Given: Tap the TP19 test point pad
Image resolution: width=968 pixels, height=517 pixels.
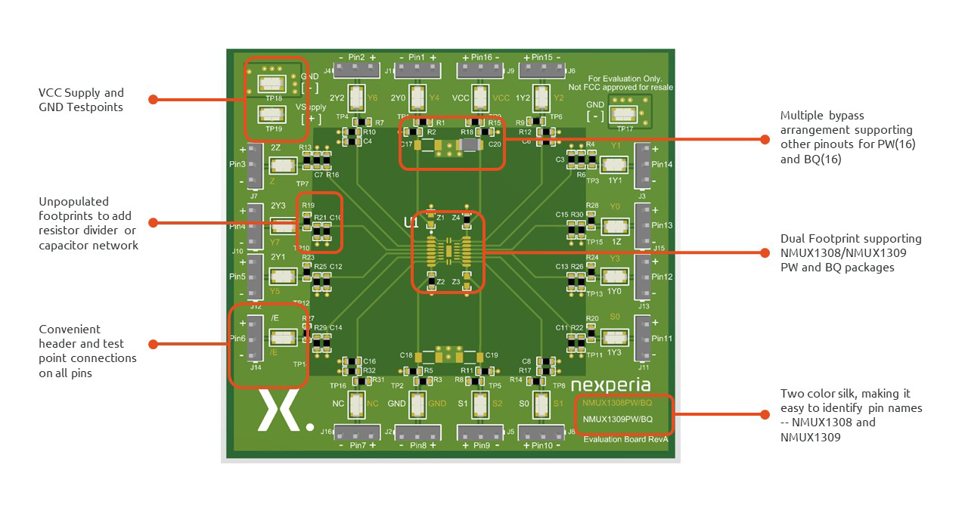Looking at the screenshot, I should [x=273, y=115].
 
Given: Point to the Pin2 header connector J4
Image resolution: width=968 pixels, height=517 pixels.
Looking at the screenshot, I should [x=355, y=70].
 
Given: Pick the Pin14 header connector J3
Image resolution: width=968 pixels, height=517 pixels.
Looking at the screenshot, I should [x=642, y=165].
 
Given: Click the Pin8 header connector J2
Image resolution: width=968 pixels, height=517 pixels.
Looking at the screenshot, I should [x=417, y=432].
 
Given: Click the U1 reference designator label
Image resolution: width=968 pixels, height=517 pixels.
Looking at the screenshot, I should [x=411, y=223].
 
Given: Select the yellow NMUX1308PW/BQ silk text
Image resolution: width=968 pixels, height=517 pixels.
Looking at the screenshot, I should [x=617, y=403].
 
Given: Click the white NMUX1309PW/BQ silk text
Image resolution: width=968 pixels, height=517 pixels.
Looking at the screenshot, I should [x=617, y=419].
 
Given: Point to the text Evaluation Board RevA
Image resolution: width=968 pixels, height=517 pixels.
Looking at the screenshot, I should [x=626, y=439].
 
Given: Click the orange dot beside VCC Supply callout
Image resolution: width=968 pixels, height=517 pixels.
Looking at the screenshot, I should [x=154, y=99].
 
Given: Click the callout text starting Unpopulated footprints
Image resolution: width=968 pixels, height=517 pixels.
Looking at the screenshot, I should [x=88, y=223].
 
